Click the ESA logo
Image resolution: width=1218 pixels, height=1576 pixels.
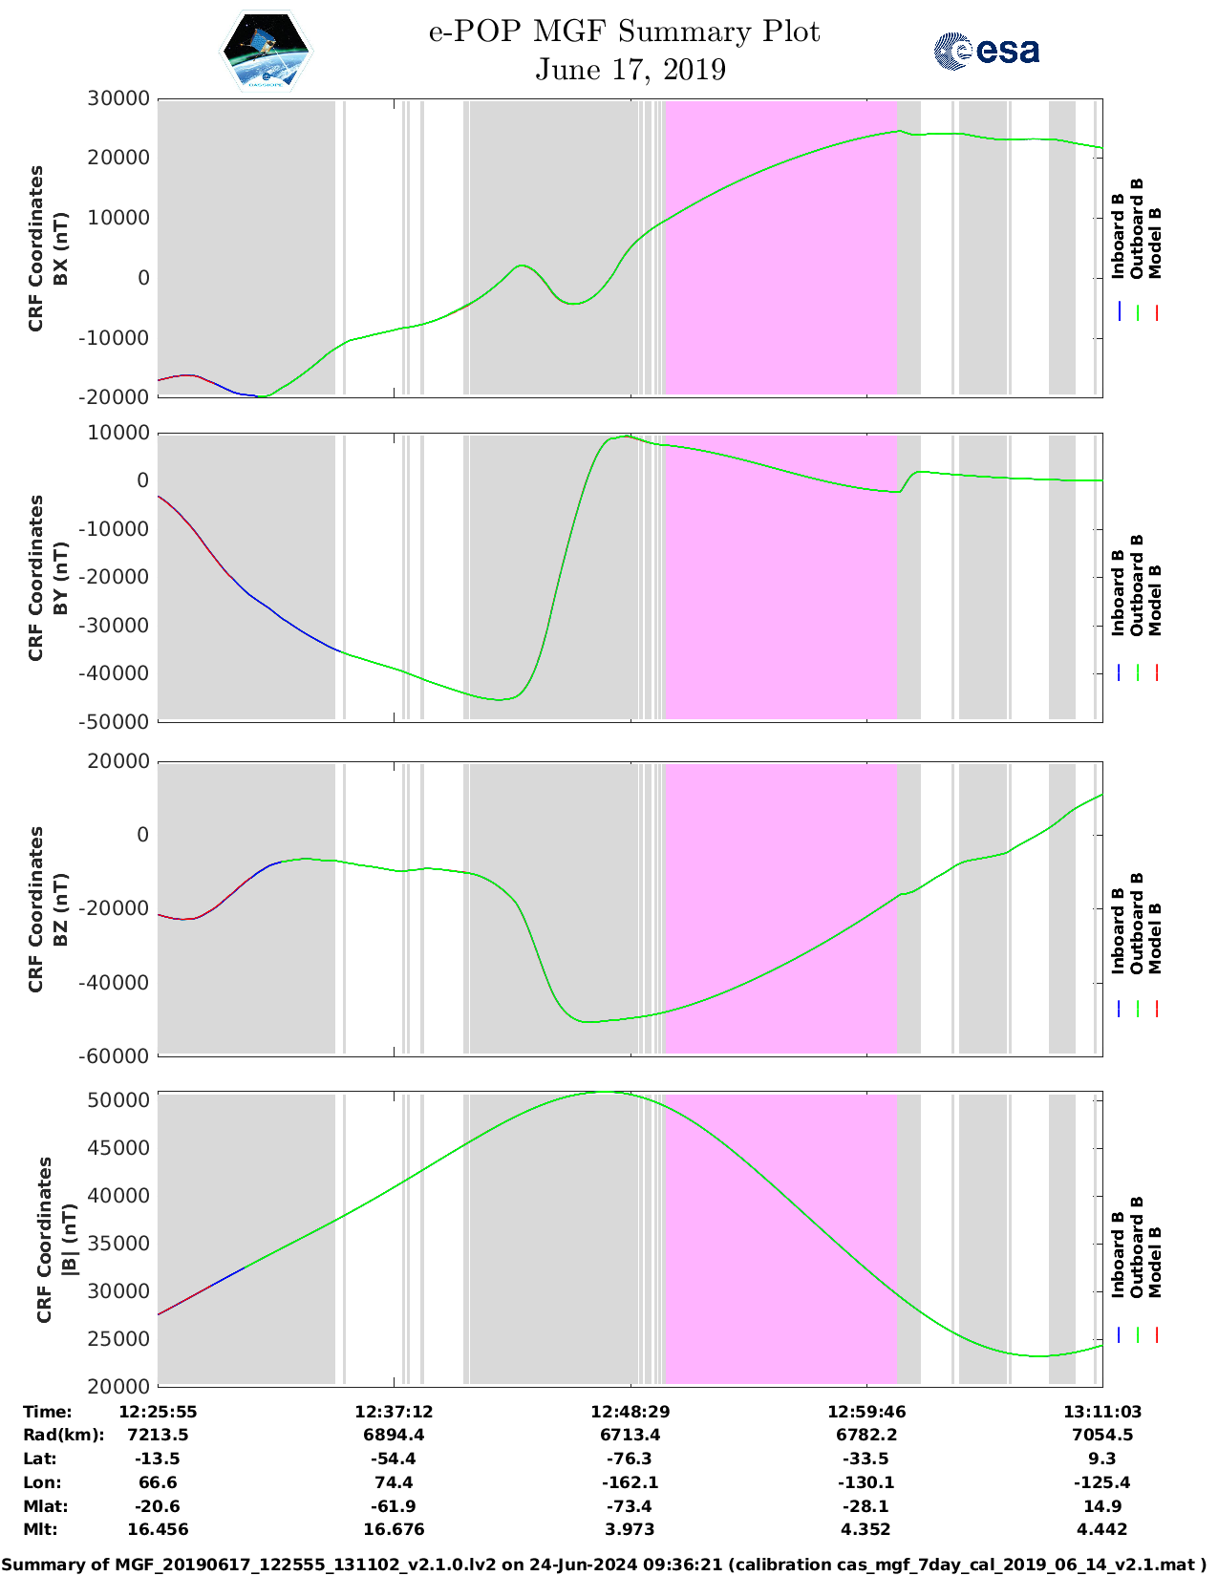(x=987, y=51)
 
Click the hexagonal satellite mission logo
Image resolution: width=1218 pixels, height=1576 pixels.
(x=266, y=52)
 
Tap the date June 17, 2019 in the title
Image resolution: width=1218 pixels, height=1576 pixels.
(x=630, y=70)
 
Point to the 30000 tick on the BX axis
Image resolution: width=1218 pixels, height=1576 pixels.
(x=118, y=98)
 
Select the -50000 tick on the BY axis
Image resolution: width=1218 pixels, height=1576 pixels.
(x=115, y=722)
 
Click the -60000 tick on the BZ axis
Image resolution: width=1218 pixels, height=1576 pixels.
(x=115, y=1056)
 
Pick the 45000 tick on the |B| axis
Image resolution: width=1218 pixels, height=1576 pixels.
(x=118, y=1148)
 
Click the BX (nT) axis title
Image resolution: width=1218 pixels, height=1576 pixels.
(x=61, y=248)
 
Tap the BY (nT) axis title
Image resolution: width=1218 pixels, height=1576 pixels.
(x=61, y=578)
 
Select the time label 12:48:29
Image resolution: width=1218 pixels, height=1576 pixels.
(x=630, y=1412)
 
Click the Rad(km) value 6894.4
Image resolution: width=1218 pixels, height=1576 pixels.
(x=394, y=1435)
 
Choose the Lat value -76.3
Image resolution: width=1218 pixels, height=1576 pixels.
(x=630, y=1459)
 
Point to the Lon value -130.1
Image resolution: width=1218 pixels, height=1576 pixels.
(x=866, y=1482)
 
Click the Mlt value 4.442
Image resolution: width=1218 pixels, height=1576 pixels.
(x=1102, y=1529)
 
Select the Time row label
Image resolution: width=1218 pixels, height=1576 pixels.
(x=48, y=1412)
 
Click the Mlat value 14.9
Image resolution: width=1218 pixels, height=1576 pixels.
(x=1102, y=1506)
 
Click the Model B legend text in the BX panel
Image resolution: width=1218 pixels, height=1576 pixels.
(x=1155, y=243)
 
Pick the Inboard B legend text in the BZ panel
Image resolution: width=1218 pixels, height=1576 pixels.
(x=1118, y=931)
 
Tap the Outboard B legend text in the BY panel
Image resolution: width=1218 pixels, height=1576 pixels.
(x=1137, y=585)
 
